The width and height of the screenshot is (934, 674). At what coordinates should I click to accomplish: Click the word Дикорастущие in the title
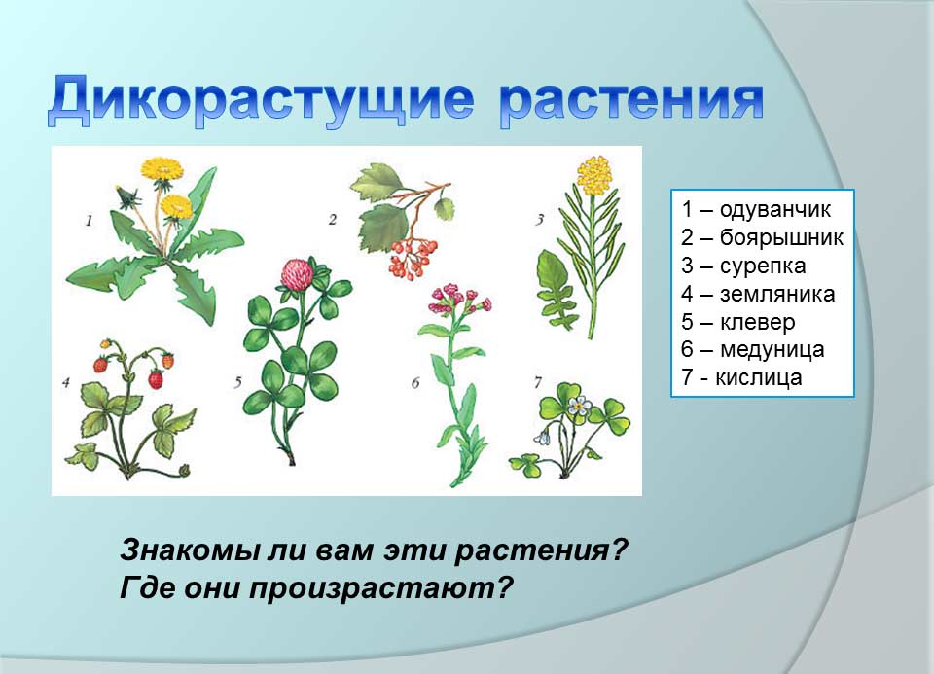[x=261, y=100]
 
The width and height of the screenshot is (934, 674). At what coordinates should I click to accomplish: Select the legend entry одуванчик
[x=775, y=209]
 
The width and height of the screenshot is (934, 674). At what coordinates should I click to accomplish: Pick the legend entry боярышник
[x=781, y=237]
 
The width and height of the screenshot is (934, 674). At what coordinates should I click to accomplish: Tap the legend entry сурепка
[x=763, y=266]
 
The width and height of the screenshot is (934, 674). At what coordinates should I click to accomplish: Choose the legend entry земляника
[x=777, y=294]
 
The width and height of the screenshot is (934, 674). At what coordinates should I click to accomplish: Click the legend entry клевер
[x=757, y=322]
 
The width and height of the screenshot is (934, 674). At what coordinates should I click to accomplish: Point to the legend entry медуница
[x=772, y=350]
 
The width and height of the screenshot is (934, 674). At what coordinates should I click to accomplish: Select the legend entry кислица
[x=758, y=377]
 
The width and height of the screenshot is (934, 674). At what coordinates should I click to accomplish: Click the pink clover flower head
[x=298, y=274]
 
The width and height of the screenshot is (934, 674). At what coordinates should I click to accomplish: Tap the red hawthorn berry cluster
[x=413, y=257]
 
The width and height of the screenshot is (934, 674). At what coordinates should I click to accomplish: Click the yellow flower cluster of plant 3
[x=593, y=175]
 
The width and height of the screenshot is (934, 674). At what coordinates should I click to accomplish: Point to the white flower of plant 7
[x=578, y=407]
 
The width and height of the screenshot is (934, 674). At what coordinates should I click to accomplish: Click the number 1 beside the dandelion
[x=89, y=221]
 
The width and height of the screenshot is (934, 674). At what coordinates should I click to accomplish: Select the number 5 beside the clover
[x=237, y=382]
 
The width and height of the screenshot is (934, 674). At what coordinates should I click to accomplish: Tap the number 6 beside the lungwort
[x=415, y=382]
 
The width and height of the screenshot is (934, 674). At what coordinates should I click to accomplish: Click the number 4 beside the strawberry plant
[x=65, y=382]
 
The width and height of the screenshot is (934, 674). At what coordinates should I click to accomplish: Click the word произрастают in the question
[x=380, y=588]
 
